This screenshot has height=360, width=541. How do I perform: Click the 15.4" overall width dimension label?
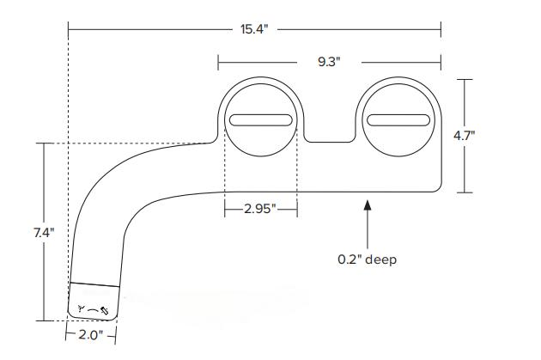(253, 29)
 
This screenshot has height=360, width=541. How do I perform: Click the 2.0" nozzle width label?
(91, 334)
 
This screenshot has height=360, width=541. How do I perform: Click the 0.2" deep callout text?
(368, 259)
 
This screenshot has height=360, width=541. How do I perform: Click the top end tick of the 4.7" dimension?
(465, 79)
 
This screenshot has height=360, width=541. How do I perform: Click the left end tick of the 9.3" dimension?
(218, 62)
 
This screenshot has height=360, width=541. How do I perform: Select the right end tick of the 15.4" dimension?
(441, 29)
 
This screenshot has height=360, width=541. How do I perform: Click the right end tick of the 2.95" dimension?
(297, 209)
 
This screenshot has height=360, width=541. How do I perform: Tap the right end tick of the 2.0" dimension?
(116, 334)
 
